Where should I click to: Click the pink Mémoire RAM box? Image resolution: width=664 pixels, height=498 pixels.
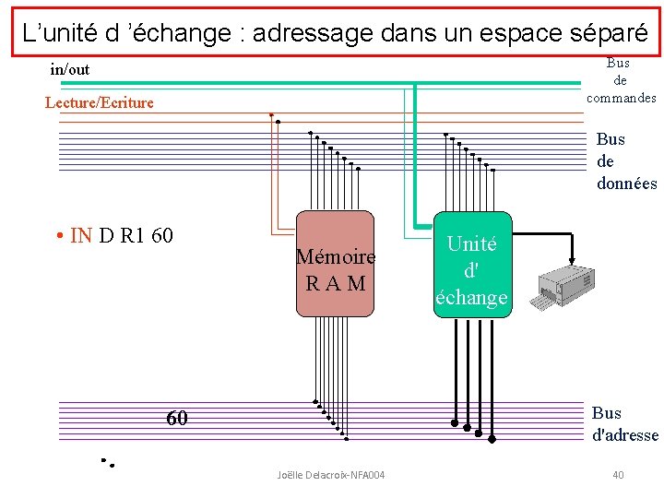coord(335,265)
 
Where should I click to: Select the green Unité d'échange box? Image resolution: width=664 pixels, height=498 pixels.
coord(471,270)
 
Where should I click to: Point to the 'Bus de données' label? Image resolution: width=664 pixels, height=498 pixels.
coord(626,161)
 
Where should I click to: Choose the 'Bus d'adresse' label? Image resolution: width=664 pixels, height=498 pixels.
coord(624,424)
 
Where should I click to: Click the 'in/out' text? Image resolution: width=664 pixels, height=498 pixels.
coord(70,69)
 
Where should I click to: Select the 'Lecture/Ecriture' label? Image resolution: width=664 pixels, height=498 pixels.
coord(100,102)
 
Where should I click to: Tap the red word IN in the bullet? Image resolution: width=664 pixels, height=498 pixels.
coord(81,235)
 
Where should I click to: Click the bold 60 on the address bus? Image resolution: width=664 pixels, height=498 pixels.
coord(177,419)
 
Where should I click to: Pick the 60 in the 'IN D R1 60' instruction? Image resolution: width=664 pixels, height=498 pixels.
coord(161,235)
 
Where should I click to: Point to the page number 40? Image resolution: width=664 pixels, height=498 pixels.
coord(618,475)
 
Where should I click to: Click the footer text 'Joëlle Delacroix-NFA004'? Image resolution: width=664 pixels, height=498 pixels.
coord(331,475)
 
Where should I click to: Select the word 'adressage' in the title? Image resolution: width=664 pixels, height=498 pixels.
coord(307,33)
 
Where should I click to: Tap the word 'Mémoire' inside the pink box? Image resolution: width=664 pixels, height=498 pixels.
coord(336,256)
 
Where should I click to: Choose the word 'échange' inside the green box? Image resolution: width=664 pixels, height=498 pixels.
coord(471,297)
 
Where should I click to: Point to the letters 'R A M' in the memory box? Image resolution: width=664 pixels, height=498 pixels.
coord(336,282)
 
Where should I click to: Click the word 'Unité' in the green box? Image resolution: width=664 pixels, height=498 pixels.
coord(471,243)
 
